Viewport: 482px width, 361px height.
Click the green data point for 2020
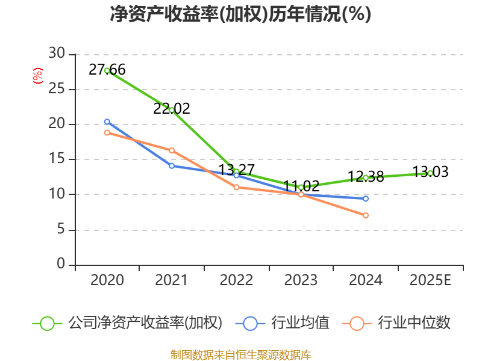pos(107,70)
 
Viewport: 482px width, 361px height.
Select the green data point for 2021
pos(172,110)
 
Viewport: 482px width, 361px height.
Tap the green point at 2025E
pos(430,173)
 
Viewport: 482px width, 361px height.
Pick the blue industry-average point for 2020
pos(107,122)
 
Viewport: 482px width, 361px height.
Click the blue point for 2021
pos(172,165)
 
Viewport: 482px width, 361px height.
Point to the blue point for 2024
pos(366,199)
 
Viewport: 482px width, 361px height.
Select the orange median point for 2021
pos(172,150)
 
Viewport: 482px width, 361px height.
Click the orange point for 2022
pos(236,187)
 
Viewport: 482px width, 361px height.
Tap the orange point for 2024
pos(366,215)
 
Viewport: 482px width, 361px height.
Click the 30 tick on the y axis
pos(57,54)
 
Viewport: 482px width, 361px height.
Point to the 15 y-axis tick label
pos(57,159)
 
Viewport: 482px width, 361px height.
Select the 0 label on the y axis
pos(60,265)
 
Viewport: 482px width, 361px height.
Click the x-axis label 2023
pos(301,280)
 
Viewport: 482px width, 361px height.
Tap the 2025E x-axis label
pos(430,280)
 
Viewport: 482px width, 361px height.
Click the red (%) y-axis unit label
pos(38,76)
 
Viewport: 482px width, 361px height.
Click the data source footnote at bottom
pos(240,354)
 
